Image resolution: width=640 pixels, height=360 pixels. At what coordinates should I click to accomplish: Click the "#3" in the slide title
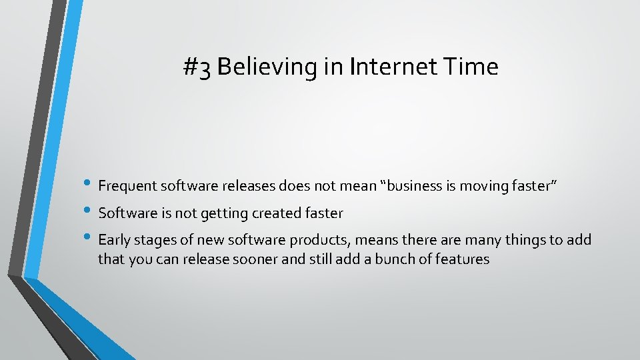(x=198, y=67)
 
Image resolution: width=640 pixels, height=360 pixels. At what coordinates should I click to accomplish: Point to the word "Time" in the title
(x=473, y=67)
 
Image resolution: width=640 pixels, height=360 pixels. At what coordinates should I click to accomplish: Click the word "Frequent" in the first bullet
(x=125, y=187)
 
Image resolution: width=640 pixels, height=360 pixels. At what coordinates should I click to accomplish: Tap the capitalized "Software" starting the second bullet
(x=126, y=213)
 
